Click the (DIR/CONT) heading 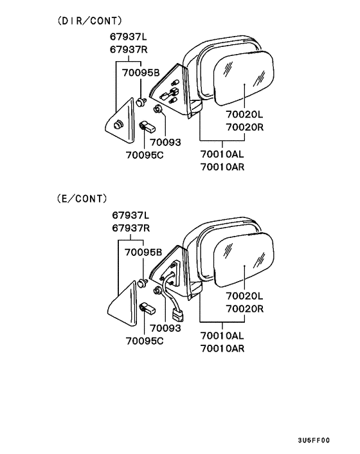(90, 21)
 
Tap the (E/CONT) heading (82, 199)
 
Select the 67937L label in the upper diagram (129, 37)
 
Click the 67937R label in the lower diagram (131, 228)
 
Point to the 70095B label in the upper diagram (141, 73)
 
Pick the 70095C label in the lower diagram (145, 341)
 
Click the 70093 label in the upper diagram (165, 142)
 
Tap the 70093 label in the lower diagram (165, 328)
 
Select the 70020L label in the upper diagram (244, 114)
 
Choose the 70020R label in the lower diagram (245, 309)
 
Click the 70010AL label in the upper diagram (222, 154)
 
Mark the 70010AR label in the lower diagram (222, 349)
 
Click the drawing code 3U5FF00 (314, 440)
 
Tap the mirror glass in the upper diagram (244, 78)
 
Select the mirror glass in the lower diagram (244, 260)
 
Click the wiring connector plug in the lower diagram (178, 315)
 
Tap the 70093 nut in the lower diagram (158, 290)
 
